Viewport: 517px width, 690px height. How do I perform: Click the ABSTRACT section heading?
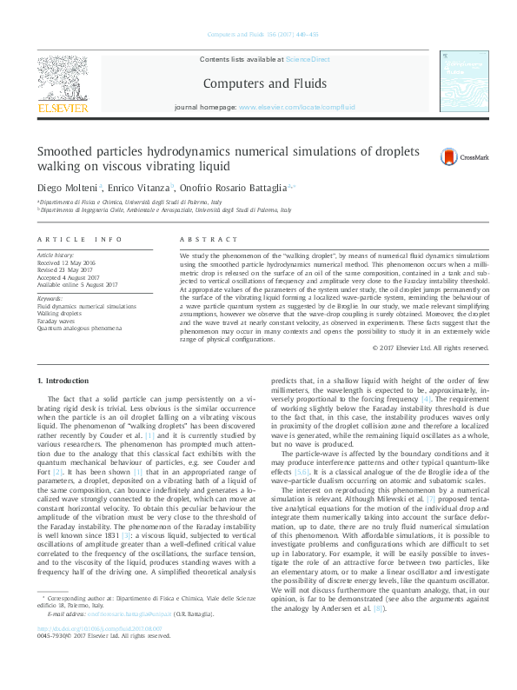click(208, 239)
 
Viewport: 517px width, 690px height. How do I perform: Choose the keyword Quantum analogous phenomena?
click(79, 328)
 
